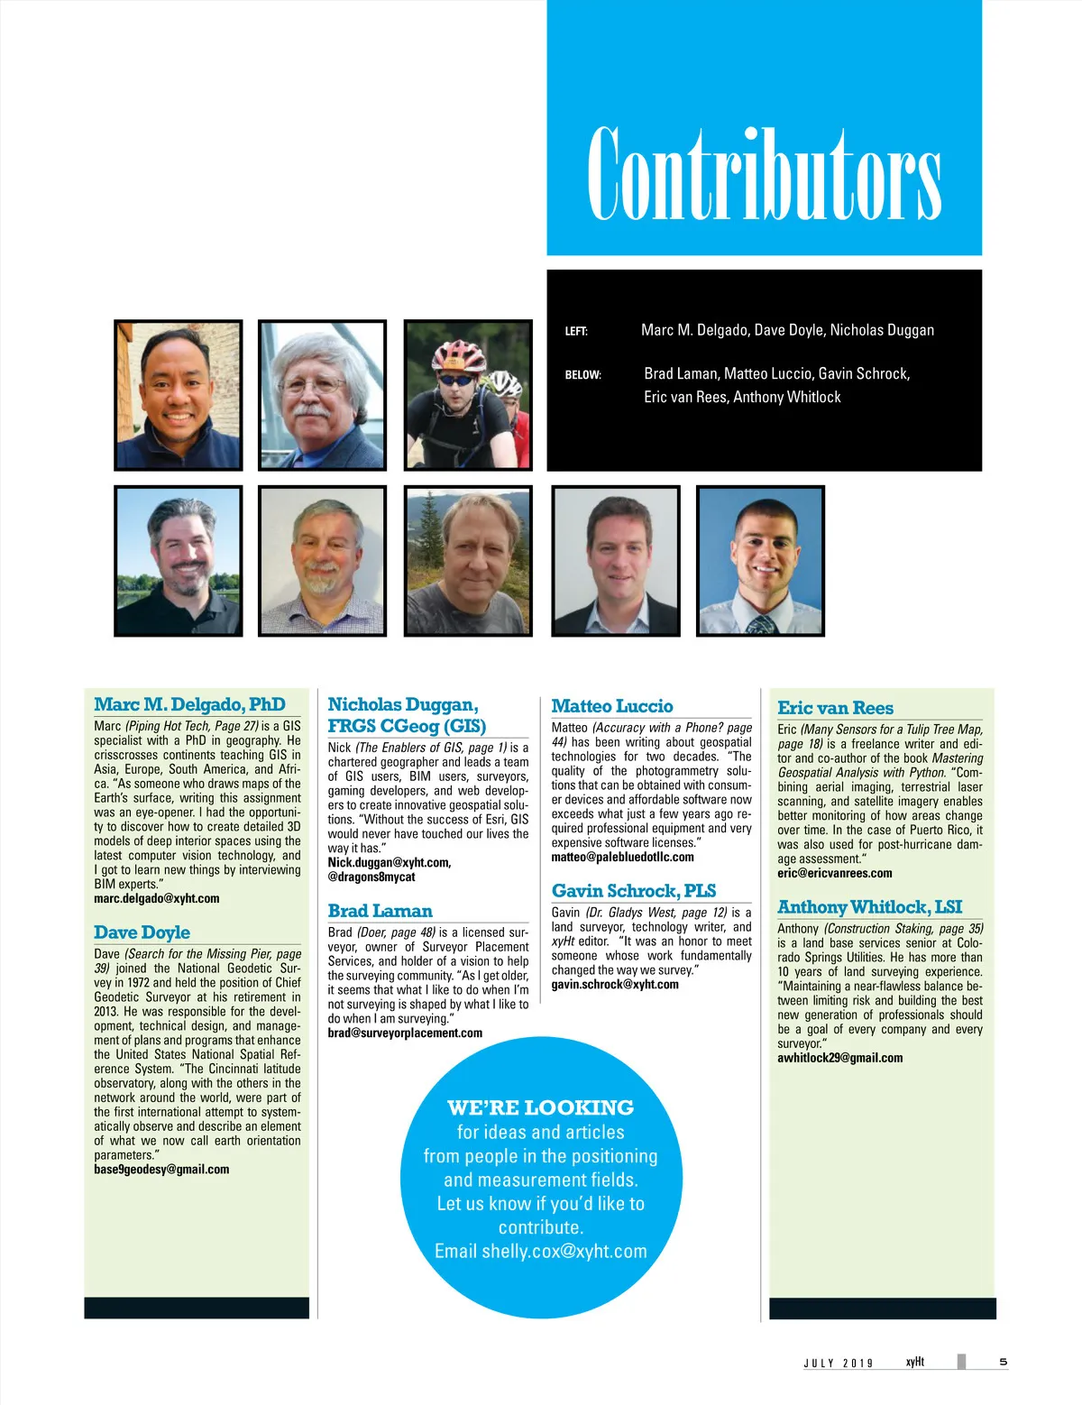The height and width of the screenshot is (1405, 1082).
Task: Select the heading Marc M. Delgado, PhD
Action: click(189, 704)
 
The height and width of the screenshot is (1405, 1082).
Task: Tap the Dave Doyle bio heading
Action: click(142, 932)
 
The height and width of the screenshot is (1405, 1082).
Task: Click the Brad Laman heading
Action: click(380, 911)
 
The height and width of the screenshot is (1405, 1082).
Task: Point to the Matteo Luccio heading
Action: click(612, 706)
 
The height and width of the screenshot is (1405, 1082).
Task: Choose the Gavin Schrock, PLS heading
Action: click(634, 891)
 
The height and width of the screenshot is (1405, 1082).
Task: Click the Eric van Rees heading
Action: click(835, 708)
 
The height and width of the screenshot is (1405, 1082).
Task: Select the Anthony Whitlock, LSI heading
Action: click(869, 907)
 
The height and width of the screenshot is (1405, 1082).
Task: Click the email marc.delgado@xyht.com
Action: click(157, 899)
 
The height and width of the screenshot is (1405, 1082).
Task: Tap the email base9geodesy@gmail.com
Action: click(161, 1170)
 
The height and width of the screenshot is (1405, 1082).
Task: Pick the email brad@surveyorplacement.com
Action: click(405, 1033)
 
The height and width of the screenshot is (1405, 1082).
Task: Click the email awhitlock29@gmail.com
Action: click(839, 1059)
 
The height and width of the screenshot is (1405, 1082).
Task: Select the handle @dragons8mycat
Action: click(371, 877)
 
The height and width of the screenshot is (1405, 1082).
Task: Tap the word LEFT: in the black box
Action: click(576, 331)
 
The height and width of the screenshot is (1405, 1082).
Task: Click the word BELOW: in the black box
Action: click(582, 375)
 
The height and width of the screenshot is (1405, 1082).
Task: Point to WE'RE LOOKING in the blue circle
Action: click(540, 1107)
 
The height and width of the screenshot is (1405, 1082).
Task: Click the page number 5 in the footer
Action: click(1004, 1362)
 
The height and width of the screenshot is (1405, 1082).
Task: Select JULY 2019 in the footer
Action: click(839, 1364)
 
